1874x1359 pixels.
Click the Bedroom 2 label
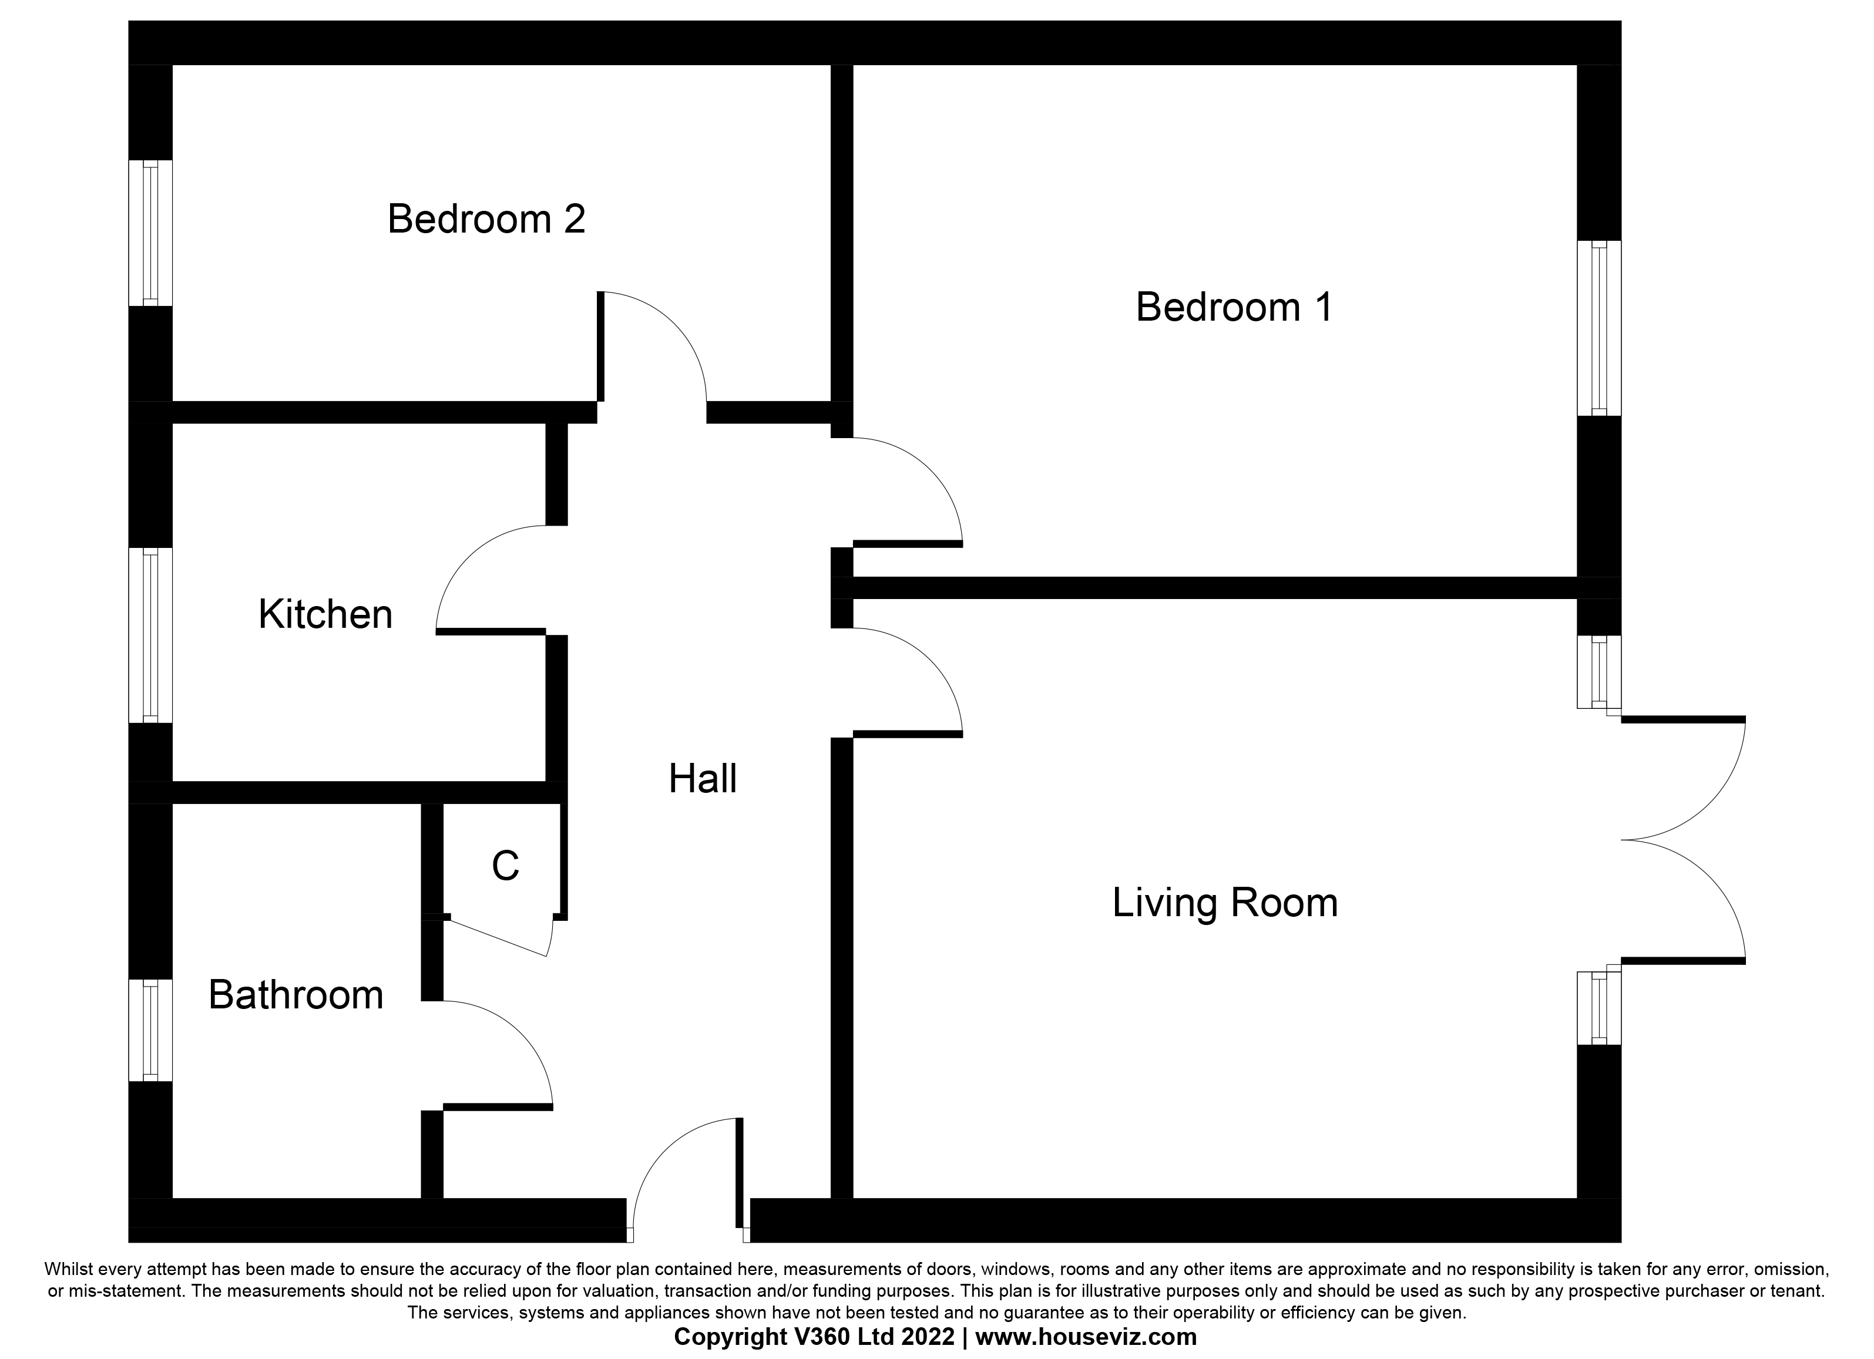(486, 220)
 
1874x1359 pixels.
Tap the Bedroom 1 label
(1234, 307)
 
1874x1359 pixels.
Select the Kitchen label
(325, 615)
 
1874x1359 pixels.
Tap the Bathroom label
(296, 995)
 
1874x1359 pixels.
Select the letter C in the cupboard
(505, 866)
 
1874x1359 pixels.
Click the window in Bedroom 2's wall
(150, 233)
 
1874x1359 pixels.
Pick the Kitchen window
(150, 635)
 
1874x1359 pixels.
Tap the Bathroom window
(150, 1030)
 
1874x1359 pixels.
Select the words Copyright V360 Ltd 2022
(814, 1337)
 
